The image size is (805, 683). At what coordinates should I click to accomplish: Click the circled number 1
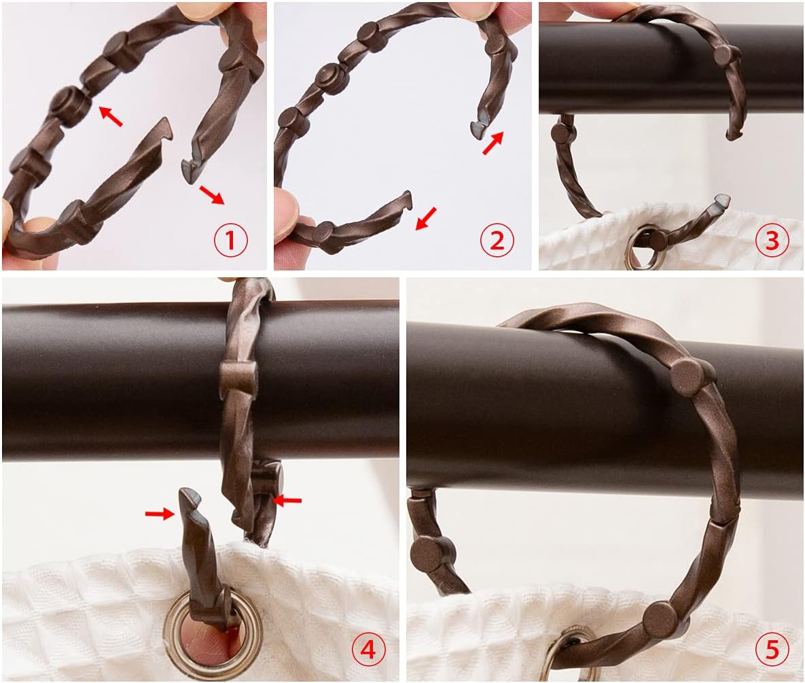point(230,241)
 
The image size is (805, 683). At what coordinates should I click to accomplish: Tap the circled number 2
point(497,241)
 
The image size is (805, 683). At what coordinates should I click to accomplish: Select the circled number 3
point(772,241)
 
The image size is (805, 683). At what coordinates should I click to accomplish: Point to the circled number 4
point(368,650)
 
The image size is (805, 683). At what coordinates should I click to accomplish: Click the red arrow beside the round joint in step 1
point(111,116)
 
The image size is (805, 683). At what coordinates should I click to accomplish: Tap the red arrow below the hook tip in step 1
point(212,195)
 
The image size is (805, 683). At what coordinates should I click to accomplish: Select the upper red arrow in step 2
point(493,143)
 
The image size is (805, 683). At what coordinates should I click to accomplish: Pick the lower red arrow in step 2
point(426,218)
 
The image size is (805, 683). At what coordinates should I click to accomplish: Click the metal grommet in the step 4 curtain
point(211,635)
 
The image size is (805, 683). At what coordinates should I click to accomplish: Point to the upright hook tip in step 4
point(188,500)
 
